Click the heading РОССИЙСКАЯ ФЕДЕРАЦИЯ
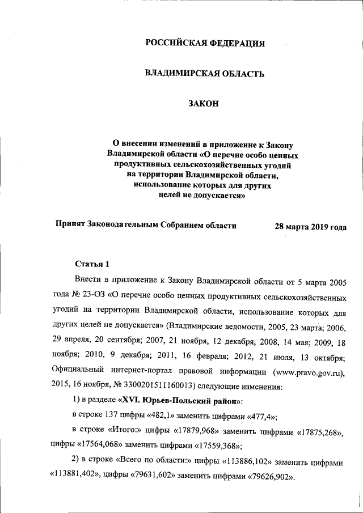(205, 44)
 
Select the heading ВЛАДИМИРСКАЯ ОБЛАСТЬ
(205, 73)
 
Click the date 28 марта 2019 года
(310, 226)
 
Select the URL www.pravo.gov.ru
(307, 372)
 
